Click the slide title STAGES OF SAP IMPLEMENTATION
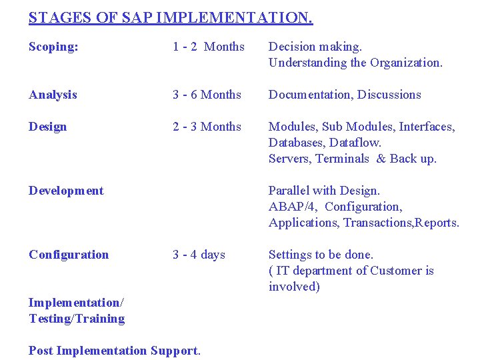tap(171, 18)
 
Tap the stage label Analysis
tap(53, 95)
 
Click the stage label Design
tap(47, 127)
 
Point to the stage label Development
tap(66, 191)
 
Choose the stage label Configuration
tap(69, 255)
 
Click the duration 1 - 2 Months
tap(209, 47)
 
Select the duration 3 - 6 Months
tap(207, 95)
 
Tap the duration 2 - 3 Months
tap(207, 127)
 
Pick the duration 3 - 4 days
tap(199, 255)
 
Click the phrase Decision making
tap(315, 47)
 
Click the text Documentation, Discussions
tap(345, 95)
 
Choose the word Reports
tap(437, 223)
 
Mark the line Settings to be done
tap(321, 255)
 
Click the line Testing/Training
tap(77, 319)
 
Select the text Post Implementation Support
tap(114, 351)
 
